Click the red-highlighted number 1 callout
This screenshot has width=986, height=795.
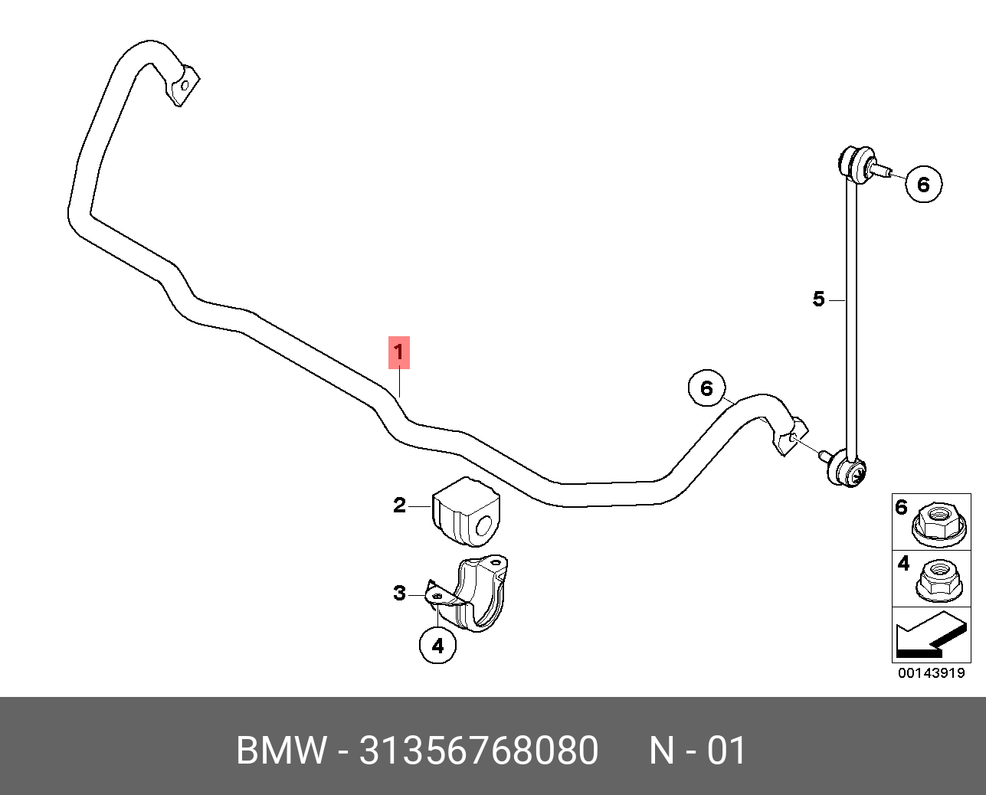[399, 353]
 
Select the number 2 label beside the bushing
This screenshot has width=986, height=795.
[399, 505]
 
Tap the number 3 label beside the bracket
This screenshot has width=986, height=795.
[399, 594]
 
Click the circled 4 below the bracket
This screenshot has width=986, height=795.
[438, 646]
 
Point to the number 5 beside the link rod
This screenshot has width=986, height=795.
[819, 299]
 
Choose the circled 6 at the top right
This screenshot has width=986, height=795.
[924, 185]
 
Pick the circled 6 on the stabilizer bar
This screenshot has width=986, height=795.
[707, 388]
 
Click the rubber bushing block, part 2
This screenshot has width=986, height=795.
[467, 512]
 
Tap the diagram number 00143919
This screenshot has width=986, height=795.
[932, 673]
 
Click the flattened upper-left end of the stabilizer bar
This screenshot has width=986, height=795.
[183, 87]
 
